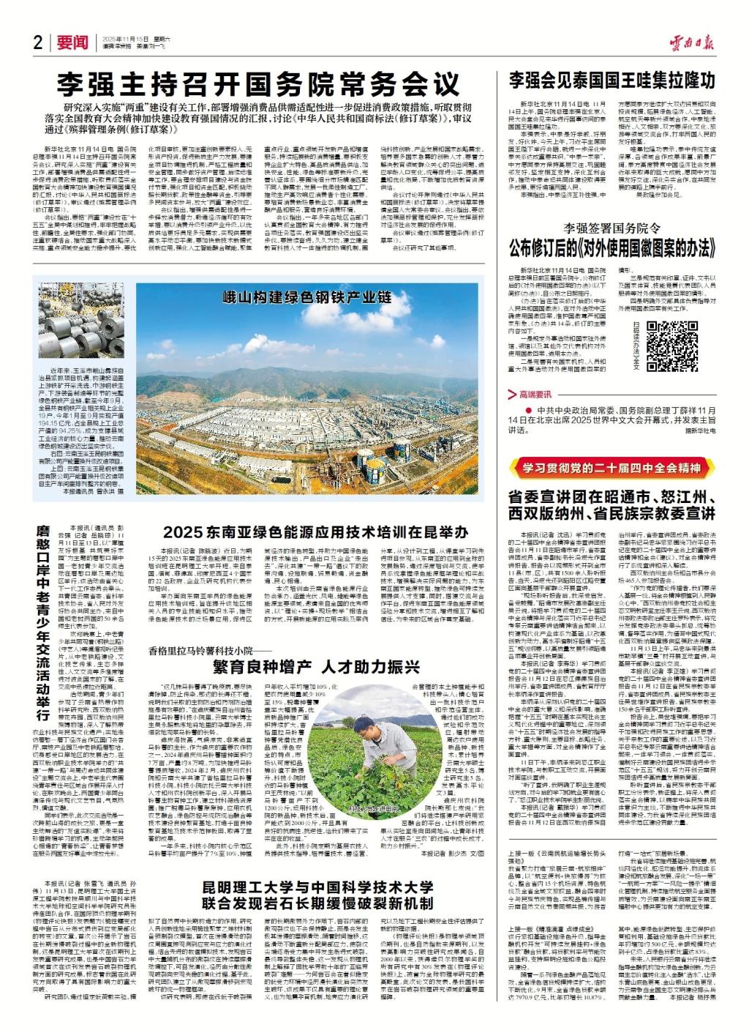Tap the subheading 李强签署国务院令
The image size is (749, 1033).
click(610, 229)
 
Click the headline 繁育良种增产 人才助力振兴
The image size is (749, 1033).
click(315, 667)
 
